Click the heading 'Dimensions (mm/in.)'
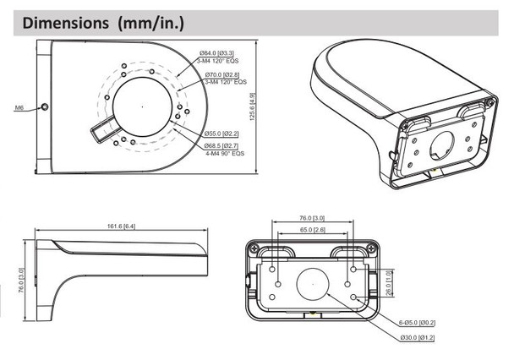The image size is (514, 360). [x=104, y=22]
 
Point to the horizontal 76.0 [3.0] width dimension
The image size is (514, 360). [x=312, y=217]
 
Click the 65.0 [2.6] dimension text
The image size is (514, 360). [x=312, y=229]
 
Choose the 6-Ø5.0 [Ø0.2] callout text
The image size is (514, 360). [x=417, y=323]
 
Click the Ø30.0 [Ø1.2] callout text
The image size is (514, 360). [x=417, y=338]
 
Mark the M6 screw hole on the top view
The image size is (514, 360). [x=45, y=108]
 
